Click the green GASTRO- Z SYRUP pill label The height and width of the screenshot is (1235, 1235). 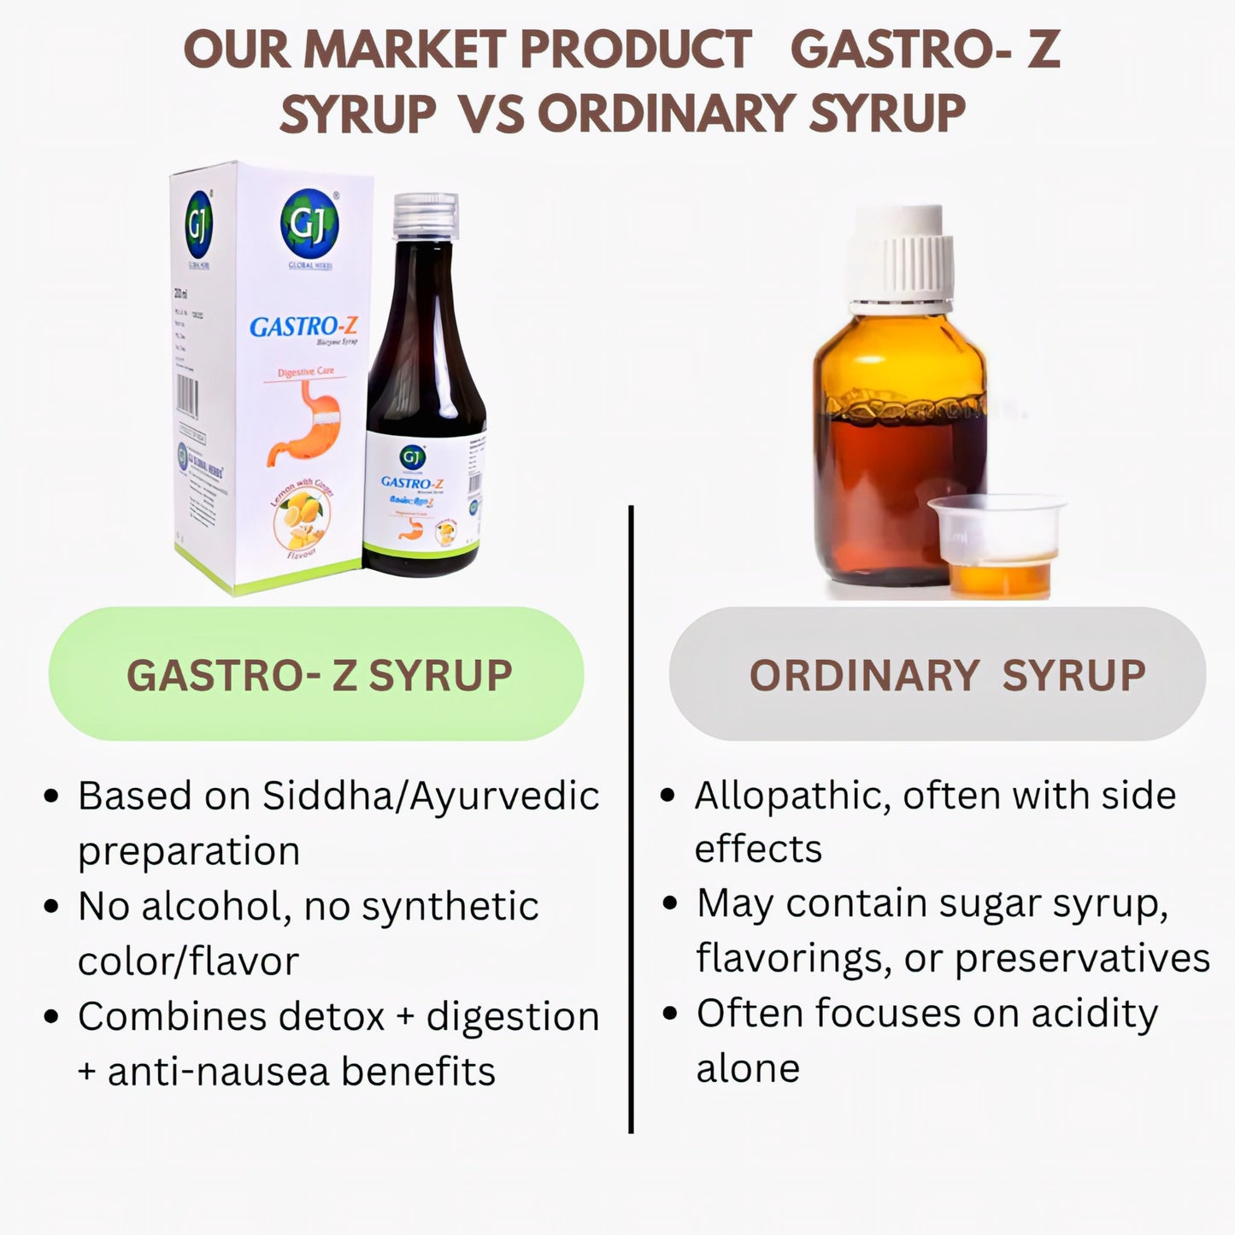(x=317, y=674)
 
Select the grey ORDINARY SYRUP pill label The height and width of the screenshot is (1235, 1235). (x=938, y=674)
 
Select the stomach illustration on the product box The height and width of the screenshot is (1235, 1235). (x=306, y=423)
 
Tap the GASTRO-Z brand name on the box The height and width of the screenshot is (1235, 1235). (x=303, y=326)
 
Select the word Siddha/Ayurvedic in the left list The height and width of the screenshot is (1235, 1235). (x=431, y=796)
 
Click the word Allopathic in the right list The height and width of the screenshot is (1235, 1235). (x=787, y=796)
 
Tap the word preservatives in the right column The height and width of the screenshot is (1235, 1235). (x=1082, y=959)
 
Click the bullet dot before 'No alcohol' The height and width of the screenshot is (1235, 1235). (x=52, y=907)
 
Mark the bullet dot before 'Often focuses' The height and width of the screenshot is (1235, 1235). (x=670, y=1014)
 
